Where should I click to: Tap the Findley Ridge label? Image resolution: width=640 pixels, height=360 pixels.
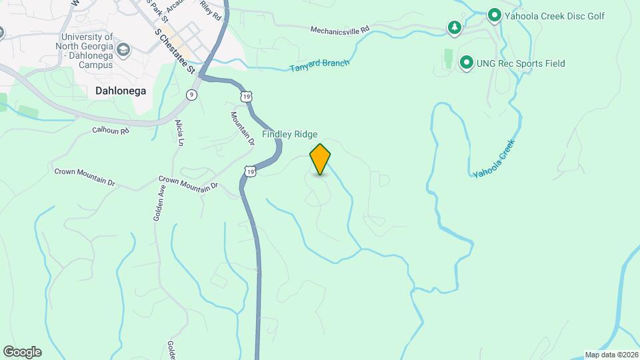pos(289,134)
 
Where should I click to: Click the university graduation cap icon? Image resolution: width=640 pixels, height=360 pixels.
pos(123,49)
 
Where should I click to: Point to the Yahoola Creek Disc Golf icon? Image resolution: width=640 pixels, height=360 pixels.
pos(494,15)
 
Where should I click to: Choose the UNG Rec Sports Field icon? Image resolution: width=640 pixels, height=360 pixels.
pos(466,63)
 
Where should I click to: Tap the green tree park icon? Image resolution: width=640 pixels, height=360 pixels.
pos(454,27)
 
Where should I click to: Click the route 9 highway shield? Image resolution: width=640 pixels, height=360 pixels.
pos(192,95)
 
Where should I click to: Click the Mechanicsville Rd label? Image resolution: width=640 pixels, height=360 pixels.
pos(340,30)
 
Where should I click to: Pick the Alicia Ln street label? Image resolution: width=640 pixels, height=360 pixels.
pos(179,133)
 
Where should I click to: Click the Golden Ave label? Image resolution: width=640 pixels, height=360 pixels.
pos(161,199)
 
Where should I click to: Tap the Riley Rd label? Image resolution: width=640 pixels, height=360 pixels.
pos(211,12)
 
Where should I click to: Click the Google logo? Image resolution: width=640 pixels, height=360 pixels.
pos(22,352)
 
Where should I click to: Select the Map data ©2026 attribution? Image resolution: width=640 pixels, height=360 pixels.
pos(611,355)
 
